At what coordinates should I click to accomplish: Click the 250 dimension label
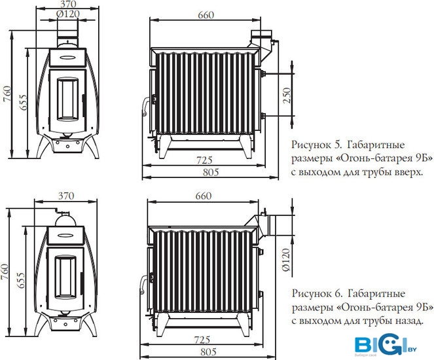[287, 95]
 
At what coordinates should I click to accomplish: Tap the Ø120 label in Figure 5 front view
[68, 14]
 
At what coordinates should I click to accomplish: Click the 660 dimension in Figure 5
[206, 15]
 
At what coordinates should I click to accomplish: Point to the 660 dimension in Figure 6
[204, 196]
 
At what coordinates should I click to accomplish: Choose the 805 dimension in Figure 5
[211, 172]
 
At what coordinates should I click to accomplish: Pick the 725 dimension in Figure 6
[202, 340]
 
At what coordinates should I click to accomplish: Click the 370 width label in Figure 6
[66, 196]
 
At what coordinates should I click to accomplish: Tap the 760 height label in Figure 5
[7, 94]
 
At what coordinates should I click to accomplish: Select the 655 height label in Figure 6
[22, 280]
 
